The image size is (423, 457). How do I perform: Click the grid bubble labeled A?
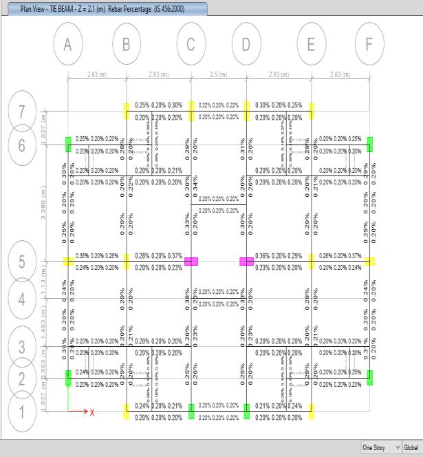tap(67, 44)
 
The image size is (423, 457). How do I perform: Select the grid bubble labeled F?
tap(369, 44)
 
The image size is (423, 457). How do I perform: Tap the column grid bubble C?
tap(191, 44)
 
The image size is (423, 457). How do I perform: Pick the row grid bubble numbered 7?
tap(23, 112)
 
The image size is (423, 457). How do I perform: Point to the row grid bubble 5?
tap(23, 262)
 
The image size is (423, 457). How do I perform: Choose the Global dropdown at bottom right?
tap(411, 447)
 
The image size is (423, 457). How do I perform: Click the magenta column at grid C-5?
tap(191, 262)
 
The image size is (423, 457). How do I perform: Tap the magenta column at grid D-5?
tap(246, 262)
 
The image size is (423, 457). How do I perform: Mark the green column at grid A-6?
tap(68, 145)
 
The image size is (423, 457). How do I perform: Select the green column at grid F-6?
tap(369, 145)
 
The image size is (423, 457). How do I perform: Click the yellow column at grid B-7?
tap(127, 111)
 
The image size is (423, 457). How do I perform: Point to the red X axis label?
tap(92, 412)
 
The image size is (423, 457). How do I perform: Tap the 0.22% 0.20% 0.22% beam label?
tap(218, 105)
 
